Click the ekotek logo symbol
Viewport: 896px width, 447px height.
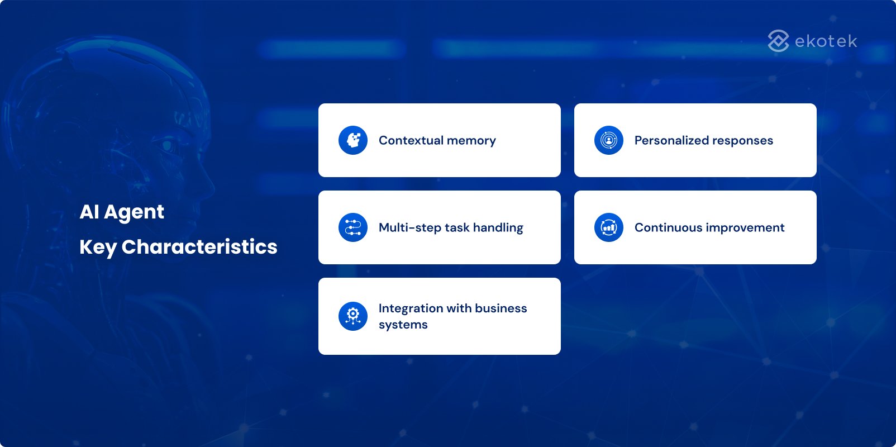tap(778, 41)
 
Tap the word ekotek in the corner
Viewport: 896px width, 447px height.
tap(826, 41)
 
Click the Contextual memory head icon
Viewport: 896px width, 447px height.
tap(353, 140)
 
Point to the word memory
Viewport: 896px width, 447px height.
tap(471, 141)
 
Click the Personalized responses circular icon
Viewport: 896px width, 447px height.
tap(609, 140)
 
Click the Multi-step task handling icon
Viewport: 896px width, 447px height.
tap(353, 227)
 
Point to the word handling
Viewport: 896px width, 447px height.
tap(498, 228)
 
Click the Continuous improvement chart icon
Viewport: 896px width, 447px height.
tap(609, 227)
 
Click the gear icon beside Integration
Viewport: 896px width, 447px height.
tap(353, 316)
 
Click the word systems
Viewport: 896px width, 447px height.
tap(403, 325)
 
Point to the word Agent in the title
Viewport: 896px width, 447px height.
tap(134, 212)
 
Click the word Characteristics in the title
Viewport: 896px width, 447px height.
tap(199, 247)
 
